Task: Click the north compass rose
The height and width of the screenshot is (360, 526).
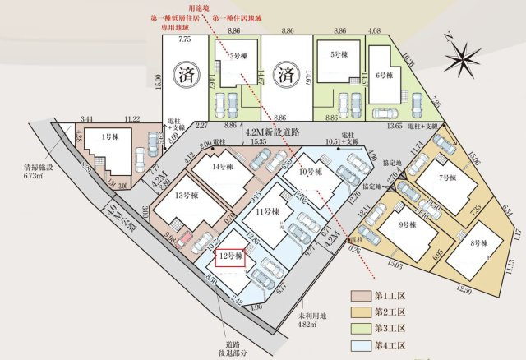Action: point(464,55)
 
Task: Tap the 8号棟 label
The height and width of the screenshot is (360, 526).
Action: point(480,244)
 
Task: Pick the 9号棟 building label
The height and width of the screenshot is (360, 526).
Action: point(405,225)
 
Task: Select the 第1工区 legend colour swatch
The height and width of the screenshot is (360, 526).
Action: point(361,295)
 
